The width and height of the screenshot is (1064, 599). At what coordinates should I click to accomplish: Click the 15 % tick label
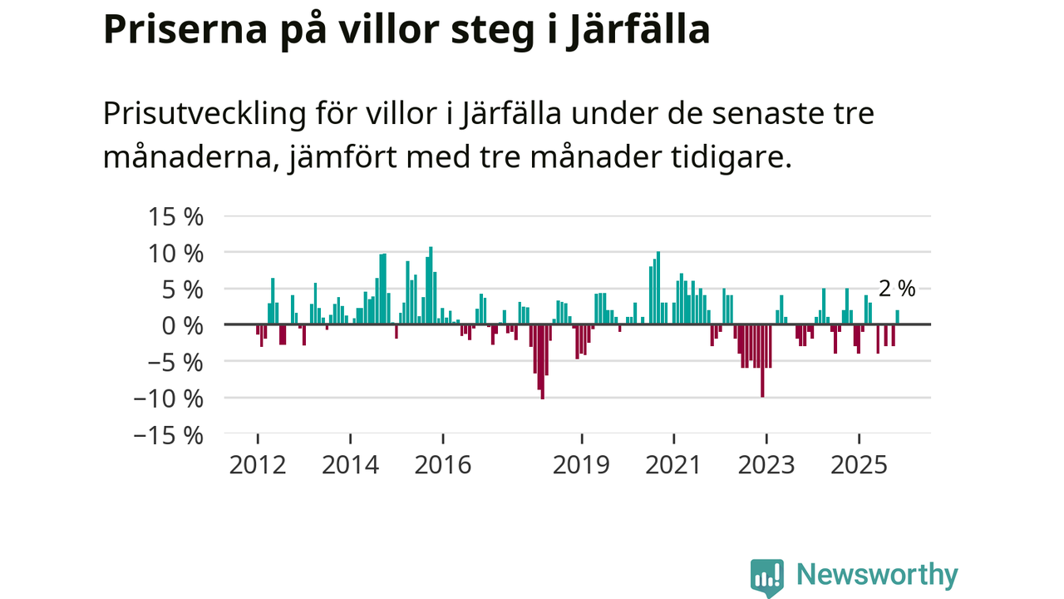[x=175, y=216]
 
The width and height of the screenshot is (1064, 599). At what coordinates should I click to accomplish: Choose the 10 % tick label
[x=175, y=253]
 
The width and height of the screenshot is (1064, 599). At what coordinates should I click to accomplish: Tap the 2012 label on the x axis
[x=258, y=463]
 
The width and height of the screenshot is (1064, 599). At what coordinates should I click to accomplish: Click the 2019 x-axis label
[x=582, y=463]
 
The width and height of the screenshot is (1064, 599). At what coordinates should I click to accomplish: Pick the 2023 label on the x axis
[x=766, y=463]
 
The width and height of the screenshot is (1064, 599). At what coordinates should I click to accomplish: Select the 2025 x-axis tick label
[x=859, y=463]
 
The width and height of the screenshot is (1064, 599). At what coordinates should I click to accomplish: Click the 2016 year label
[x=443, y=463]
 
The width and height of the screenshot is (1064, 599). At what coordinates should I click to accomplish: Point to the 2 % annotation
[x=897, y=289]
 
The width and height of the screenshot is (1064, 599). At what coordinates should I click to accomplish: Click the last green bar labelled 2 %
[x=898, y=317]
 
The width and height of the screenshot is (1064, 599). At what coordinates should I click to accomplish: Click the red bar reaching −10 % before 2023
[x=762, y=361]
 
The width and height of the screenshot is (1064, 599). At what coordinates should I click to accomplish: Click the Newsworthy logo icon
[x=767, y=577]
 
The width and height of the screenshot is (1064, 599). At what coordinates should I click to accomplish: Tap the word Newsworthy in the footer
[x=877, y=575]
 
